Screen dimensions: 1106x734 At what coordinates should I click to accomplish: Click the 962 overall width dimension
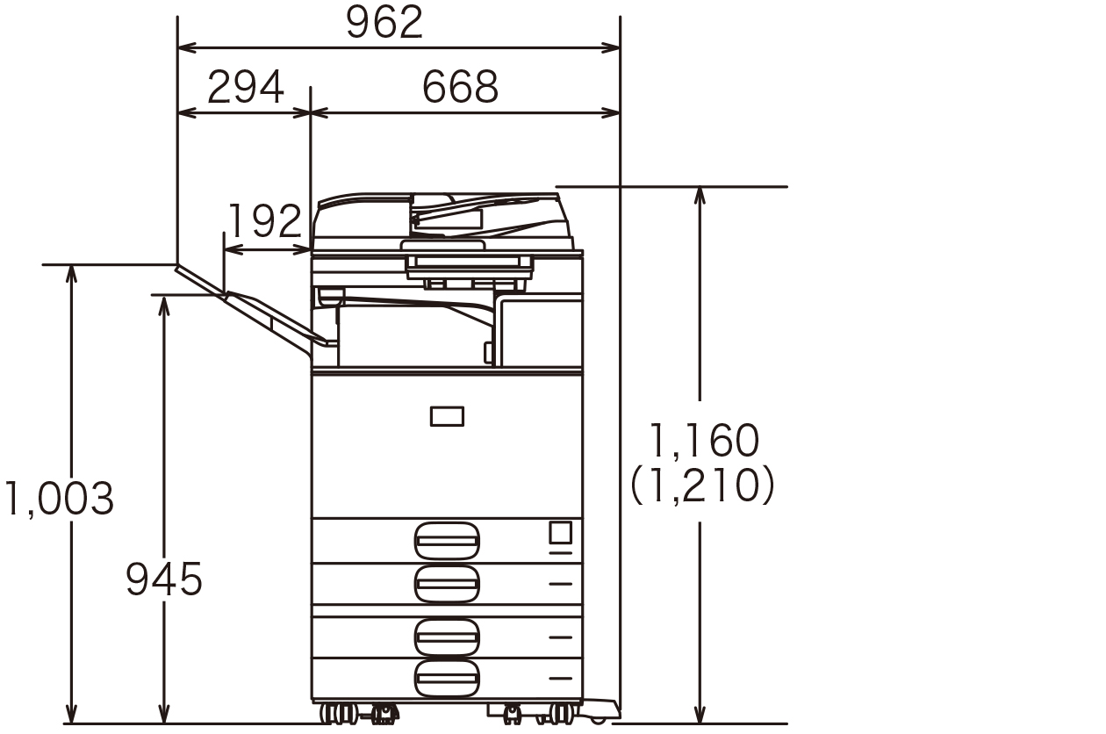click(384, 22)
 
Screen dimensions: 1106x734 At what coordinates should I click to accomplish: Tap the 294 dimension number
click(246, 87)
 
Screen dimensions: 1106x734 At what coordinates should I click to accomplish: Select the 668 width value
click(460, 87)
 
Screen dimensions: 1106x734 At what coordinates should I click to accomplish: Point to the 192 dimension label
click(266, 220)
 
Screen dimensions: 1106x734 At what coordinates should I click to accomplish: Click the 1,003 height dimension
click(60, 499)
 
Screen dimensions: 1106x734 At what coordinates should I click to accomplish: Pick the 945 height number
click(164, 579)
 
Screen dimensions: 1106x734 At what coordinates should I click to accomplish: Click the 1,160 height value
click(704, 440)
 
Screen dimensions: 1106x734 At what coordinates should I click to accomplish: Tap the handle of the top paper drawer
click(447, 541)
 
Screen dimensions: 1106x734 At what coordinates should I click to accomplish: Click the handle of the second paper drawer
click(447, 585)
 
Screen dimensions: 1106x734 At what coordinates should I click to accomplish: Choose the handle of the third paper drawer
click(447, 637)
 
